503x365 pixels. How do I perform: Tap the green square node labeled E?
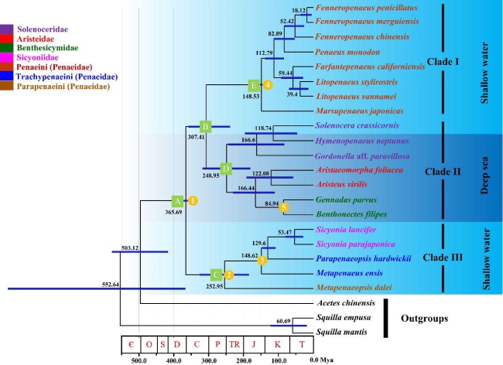[253, 84]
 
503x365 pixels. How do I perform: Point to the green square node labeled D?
[226, 167]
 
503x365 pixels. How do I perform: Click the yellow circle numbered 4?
[267, 84]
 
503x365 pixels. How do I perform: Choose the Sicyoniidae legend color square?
[6, 56]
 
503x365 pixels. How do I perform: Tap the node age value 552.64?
[113, 285]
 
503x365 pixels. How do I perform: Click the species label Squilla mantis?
[344, 333]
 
